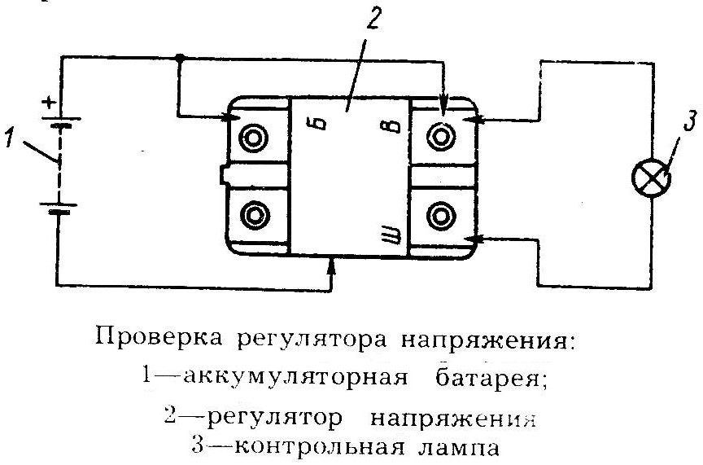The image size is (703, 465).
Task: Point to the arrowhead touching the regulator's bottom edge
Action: click(331, 262)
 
